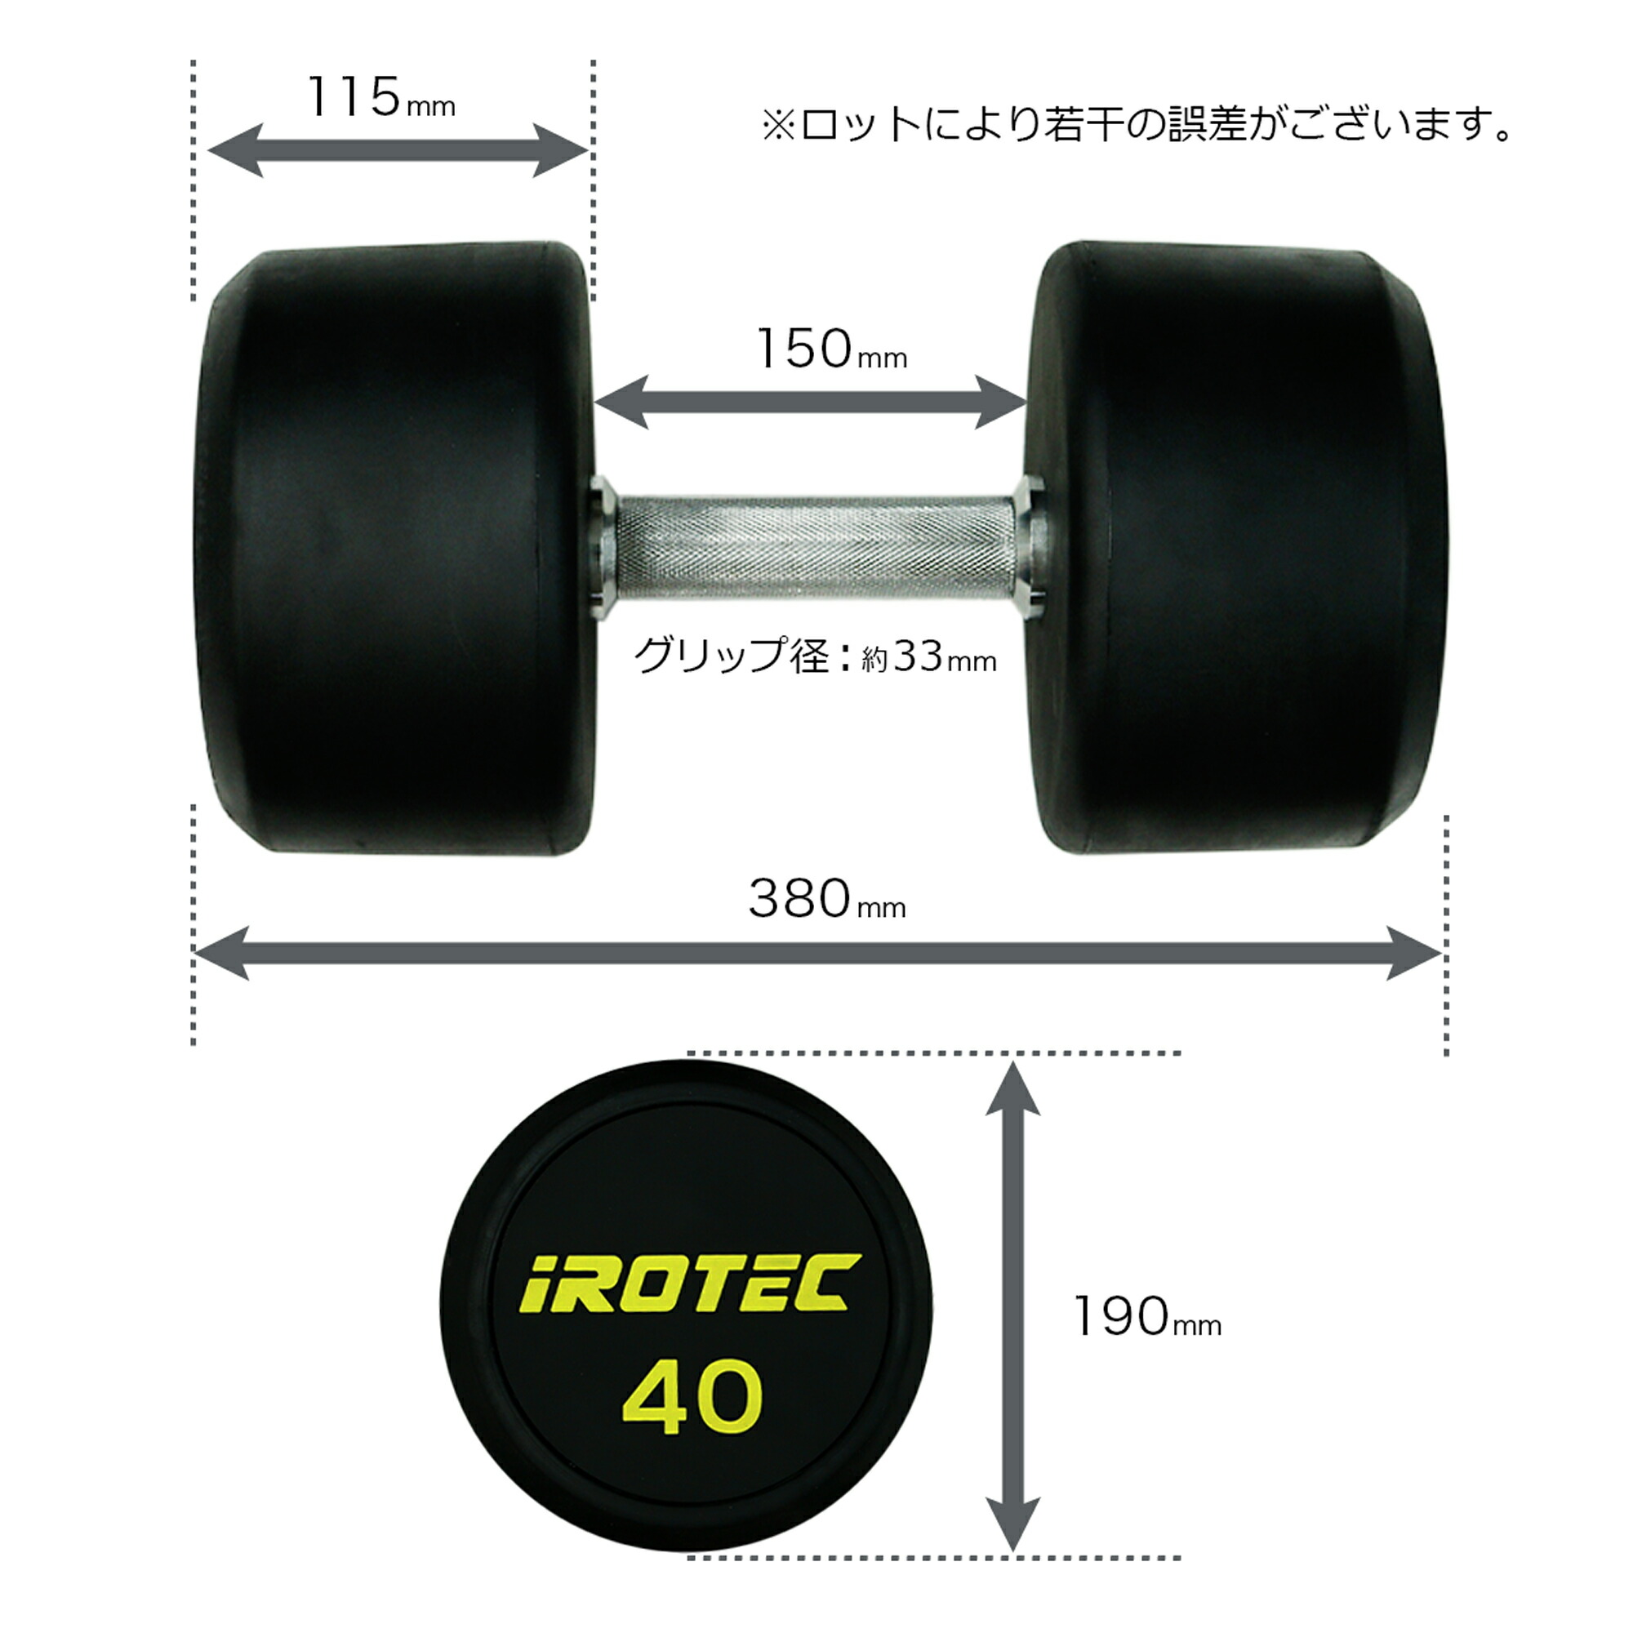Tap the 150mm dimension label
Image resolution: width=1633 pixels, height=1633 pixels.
[x=831, y=349]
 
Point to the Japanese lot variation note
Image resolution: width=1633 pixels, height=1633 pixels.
[x=1137, y=125]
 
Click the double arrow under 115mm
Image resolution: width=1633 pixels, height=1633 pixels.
[x=398, y=151]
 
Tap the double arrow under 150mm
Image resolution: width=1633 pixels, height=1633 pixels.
[x=812, y=403]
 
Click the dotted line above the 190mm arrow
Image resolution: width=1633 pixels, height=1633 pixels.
[x=934, y=1053]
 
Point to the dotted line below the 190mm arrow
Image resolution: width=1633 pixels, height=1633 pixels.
[x=934, y=1558]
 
